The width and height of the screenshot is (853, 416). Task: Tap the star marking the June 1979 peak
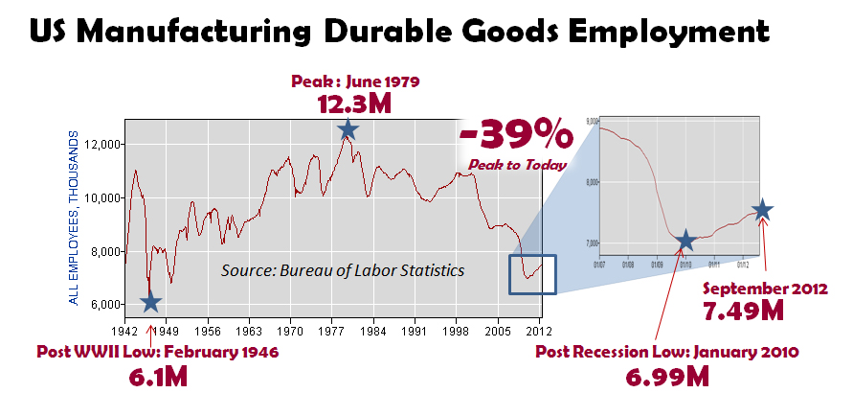(348, 129)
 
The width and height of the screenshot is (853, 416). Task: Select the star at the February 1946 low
(150, 303)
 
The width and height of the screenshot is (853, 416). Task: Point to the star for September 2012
(762, 210)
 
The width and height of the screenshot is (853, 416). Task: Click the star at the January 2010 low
(685, 240)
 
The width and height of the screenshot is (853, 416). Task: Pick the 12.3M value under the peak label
(354, 104)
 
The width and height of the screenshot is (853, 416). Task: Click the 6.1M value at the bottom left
(158, 377)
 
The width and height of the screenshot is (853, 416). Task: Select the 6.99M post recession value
(669, 377)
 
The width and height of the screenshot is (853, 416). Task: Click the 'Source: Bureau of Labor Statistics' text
(343, 271)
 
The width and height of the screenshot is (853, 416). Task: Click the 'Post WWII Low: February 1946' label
(157, 352)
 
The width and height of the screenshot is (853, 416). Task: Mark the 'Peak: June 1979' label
(355, 81)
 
